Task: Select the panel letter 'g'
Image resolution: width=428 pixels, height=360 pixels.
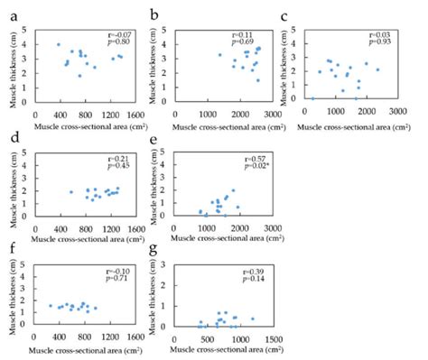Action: pos(153,266)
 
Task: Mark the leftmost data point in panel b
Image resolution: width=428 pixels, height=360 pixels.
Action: pos(219,55)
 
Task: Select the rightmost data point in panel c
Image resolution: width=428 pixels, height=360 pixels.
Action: pos(377,69)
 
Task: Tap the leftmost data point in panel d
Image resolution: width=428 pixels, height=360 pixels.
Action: pos(71,192)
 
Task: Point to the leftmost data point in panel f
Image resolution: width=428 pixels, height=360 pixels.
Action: pos(51,306)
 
